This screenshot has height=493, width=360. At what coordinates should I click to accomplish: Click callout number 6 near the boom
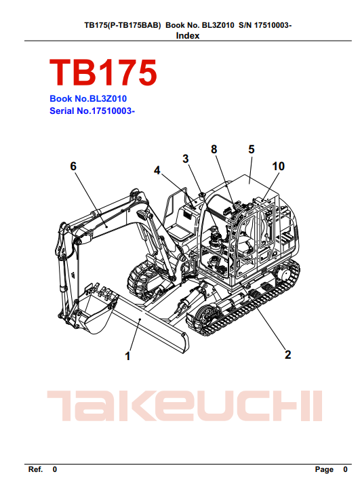coord(73,166)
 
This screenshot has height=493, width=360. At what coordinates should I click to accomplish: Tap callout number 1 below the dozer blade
coord(127,356)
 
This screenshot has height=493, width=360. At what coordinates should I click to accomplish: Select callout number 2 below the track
coord(287,355)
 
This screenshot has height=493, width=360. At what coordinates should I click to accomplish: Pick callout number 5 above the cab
coord(252,149)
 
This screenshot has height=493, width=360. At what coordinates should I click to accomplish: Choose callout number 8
coord(214,149)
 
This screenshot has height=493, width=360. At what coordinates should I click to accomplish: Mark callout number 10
coord(278,166)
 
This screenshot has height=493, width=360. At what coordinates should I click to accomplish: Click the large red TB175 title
coord(103,73)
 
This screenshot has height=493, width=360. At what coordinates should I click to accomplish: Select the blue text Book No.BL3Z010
coord(88,98)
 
